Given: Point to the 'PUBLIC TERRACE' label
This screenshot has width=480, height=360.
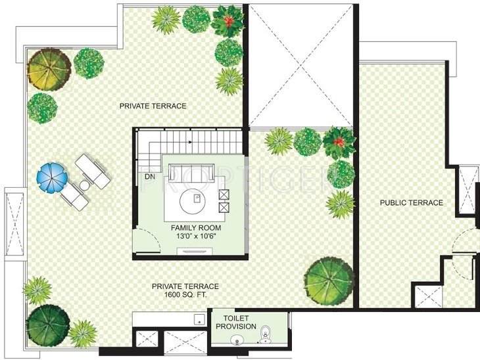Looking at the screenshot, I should click(x=411, y=203).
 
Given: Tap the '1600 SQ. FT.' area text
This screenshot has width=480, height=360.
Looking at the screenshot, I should click(x=185, y=296).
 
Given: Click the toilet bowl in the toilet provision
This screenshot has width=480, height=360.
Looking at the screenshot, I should click(x=265, y=332).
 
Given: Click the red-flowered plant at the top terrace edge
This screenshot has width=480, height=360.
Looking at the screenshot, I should click(x=227, y=22).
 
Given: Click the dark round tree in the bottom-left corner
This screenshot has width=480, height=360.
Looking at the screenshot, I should click(x=48, y=324).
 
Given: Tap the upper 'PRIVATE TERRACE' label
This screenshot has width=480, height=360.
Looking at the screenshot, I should click(x=153, y=106).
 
